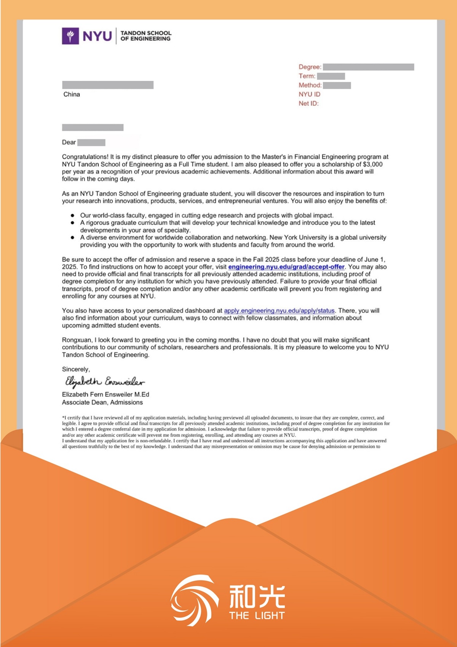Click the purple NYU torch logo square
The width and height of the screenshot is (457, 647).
coord(70,36)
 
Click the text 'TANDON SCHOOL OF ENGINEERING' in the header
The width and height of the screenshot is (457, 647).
coord(145,36)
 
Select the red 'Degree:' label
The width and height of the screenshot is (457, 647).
coord(310,67)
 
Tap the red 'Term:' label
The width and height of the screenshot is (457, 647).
coord(307,76)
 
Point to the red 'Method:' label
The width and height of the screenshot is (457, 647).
coord(310,85)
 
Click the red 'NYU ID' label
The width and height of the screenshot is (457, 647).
coord(309,94)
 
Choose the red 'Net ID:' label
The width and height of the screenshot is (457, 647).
coord(308,104)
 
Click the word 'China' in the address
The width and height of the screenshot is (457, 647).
coord(72,94)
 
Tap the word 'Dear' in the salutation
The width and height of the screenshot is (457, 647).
coord(69,143)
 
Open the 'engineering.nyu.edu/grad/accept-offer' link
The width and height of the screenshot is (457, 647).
coord(286,267)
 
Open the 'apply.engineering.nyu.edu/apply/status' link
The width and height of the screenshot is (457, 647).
coord(279,311)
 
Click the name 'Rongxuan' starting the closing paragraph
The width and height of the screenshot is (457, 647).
coord(77,340)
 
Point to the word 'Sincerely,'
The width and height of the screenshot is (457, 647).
coord(76,369)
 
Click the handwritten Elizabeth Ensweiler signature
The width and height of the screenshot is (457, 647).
coord(104,381)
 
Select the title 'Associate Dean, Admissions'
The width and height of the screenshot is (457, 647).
coord(102,402)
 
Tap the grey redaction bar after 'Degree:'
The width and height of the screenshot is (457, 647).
coord(368,67)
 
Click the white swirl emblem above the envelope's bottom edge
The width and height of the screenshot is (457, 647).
coord(194,599)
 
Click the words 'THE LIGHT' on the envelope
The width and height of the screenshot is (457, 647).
coord(257,615)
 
